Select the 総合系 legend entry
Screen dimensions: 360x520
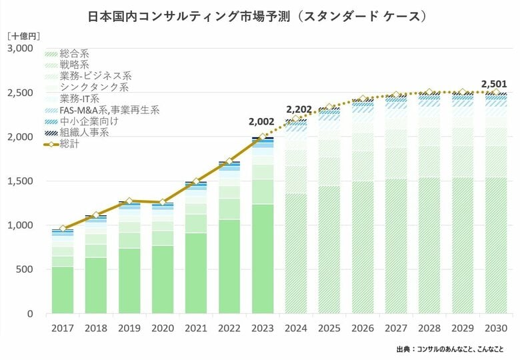[75, 52]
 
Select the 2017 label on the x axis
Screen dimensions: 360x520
[63, 328]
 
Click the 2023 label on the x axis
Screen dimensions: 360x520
[263, 328]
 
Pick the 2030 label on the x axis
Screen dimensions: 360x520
[495, 328]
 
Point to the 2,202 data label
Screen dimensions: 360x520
[299, 109]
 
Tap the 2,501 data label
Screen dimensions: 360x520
[494, 84]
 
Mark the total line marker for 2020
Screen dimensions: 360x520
[163, 202]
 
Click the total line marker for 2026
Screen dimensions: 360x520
[363, 99]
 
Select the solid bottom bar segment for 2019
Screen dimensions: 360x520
[129, 281]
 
